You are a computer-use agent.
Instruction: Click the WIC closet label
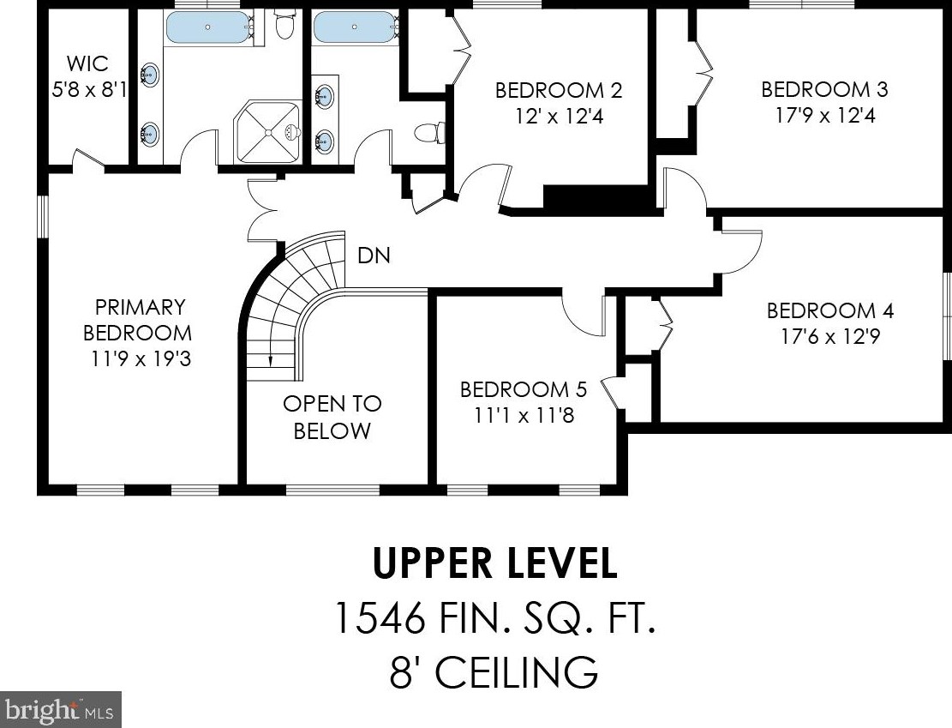click(x=87, y=63)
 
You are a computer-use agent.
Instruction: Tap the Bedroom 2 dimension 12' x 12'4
click(x=560, y=116)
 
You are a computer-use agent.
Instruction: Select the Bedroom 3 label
click(x=824, y=89)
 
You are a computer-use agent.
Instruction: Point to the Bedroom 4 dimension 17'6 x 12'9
click(x=830, y=336)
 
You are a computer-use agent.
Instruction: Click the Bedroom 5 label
click(x=524, y=389)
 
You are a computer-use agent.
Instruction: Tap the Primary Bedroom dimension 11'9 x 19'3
click(x=141, y=358)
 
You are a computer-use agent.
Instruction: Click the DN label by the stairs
click(x=374, y=256)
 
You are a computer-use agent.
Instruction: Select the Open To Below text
click(x=332, y=417)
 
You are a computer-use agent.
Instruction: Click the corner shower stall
click(x=267, y=132)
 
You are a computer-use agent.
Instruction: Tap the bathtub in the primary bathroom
click(x=209, y=27)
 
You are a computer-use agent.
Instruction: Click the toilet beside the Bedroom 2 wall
click(x=430, y=132)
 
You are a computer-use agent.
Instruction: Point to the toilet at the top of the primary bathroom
click(x=282, y=24)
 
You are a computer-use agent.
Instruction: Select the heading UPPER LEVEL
click(x=494, y=563)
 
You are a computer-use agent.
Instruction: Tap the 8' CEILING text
click(x=494, y=671)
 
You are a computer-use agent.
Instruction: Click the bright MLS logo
click(x=61, y=709)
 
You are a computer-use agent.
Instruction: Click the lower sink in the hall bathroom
click(x=324, y=141)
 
